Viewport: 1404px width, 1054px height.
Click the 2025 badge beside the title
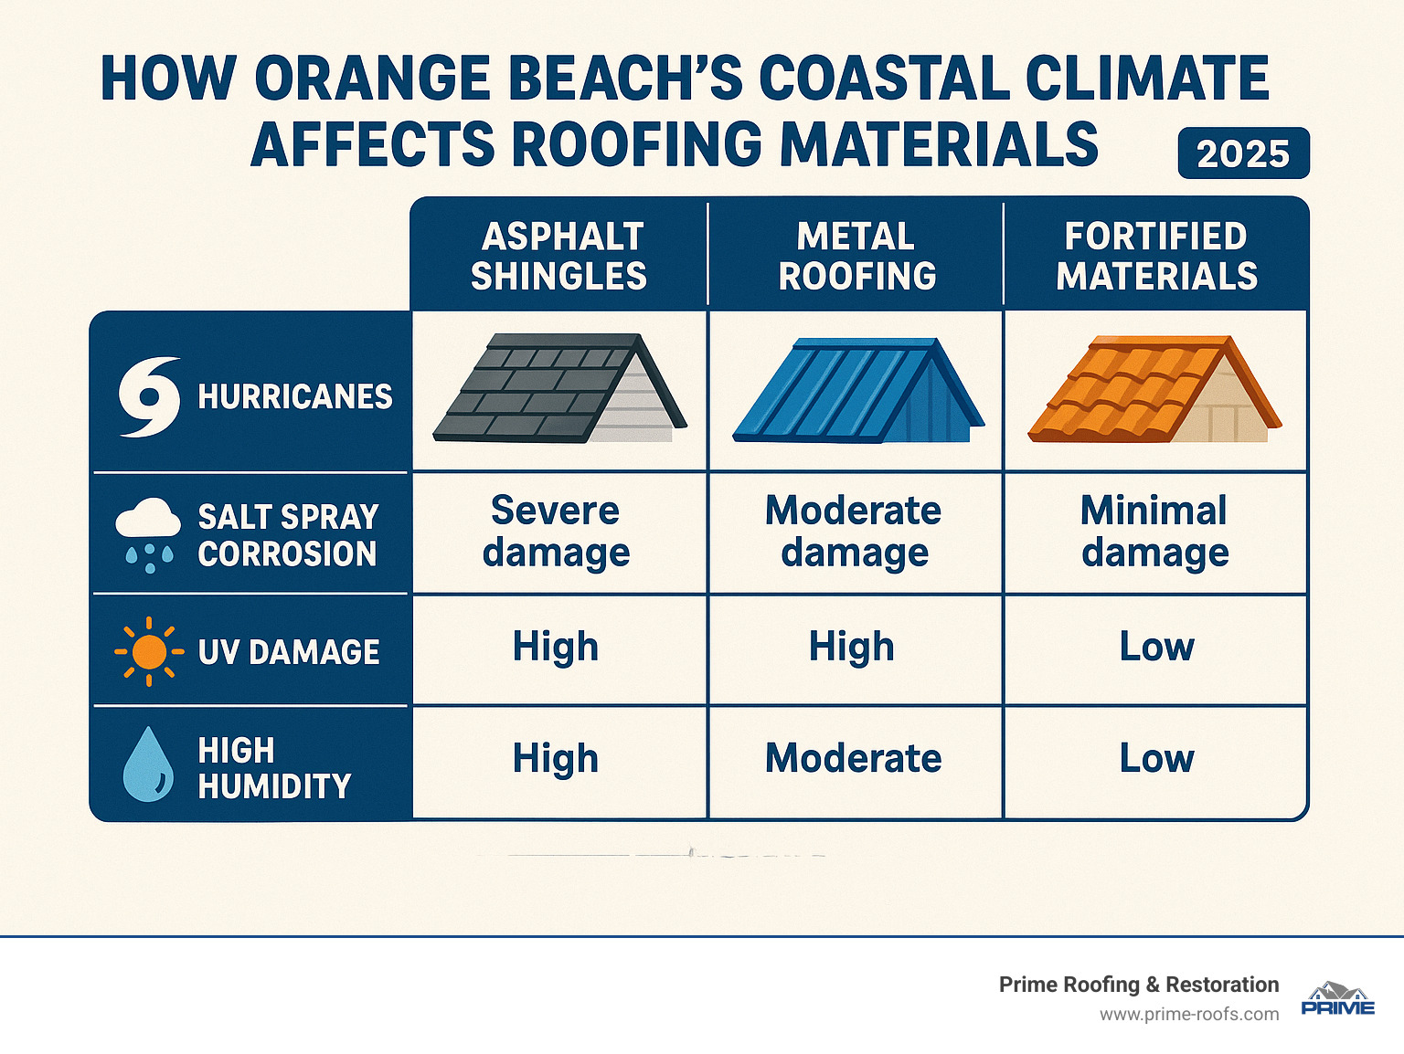pyautogui.click(x=1243, y=153)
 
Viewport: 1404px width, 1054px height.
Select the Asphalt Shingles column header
pyautogui.click(x=558, y=256)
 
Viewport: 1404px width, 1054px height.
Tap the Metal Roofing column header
pyautogui.click(x=856, y=256)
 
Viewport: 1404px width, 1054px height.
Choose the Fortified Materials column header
pyautogui.click(x=1156, y=256)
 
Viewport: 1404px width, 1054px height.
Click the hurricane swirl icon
pyautogui.click(x=149, y=396)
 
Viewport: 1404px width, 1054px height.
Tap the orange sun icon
pyautogui.click(x=149, y=652)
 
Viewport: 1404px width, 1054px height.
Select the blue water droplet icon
pyautogui.click(x=148, y=764)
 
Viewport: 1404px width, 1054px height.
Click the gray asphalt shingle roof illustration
pyautogui.click(x=559, y=389)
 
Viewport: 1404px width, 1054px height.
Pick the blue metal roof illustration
pyautogui.click(x=857, y=391)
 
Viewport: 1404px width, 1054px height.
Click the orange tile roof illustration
pyautogui.click(x=1154, y=391)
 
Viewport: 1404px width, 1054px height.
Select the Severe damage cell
pyautogui.click(x=556, y=532)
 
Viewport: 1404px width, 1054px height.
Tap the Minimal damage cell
pyautogui.click(x=1154, y=532)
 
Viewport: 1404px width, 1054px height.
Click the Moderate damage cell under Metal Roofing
pyautogui.click(x=854, y=532)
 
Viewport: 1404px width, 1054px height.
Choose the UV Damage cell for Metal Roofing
pyautogui.click(x=852, y=648)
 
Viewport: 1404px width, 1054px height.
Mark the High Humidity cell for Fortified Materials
pyautogui.click(x=1156, y=759)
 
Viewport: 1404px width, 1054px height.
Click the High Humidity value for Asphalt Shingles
pyautogui.click(x=556, y=759)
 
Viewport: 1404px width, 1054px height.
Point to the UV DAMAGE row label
pyautogui.click(x=289, y=652)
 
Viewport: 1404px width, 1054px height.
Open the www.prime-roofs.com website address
pyautogui.click(x=1189, y=1015)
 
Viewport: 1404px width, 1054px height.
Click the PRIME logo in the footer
pyautogui.click(x=1337, y=1000)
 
